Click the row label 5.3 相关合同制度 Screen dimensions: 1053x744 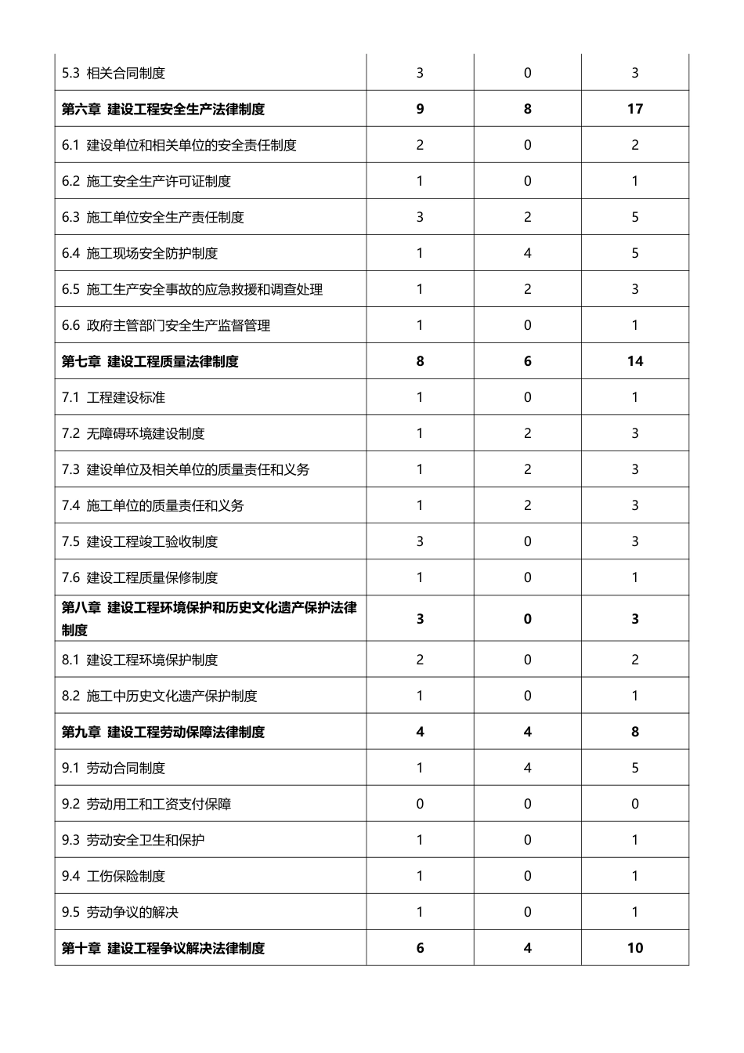[114, 73]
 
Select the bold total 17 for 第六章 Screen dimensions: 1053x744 [634, 109]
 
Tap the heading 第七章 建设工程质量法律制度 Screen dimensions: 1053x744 [150, 361]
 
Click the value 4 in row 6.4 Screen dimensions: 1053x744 [527, 253]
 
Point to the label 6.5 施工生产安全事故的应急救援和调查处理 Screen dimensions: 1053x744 [192, 289]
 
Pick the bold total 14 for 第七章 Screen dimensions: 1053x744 [634, 361]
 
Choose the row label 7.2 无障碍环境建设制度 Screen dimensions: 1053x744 [133, 433]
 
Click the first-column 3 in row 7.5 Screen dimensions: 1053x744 [420, 541]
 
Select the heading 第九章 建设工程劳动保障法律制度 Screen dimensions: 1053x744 [163, 732]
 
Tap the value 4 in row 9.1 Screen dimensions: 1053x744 [527, 768]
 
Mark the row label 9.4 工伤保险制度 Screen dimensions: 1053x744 [114, 876]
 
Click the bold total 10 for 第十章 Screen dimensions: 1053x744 [634, 948]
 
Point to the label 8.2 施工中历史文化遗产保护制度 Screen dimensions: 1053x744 [160, 696]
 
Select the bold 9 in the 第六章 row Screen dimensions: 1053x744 [420, 109]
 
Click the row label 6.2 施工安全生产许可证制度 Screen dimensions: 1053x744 [146, 181]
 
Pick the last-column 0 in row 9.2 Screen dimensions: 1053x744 [634, 804]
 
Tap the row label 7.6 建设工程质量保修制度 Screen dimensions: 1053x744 [139, 577]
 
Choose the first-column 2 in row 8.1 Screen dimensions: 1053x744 [420, 660]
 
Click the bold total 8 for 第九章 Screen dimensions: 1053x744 [634, 732]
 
